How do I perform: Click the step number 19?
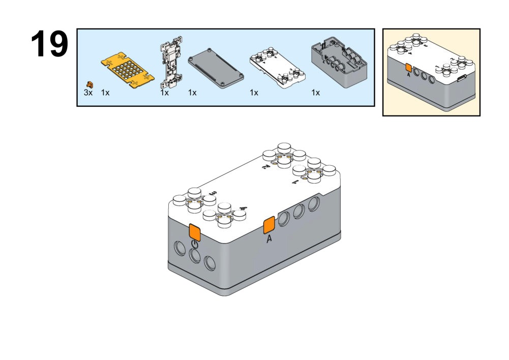point(49,44)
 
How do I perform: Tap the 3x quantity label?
point(88,93)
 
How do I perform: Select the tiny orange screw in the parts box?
point(90,84)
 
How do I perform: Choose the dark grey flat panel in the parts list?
point(216,69)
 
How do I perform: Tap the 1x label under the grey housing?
point(315,93)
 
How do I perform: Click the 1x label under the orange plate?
point(105,93)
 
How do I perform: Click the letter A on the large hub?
point(270,239)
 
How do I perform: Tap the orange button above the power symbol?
point(195,231)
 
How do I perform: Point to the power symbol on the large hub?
point(195,245)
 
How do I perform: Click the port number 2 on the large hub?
point(264,168)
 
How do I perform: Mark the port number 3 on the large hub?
point(213,194)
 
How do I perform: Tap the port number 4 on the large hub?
point(243,208)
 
